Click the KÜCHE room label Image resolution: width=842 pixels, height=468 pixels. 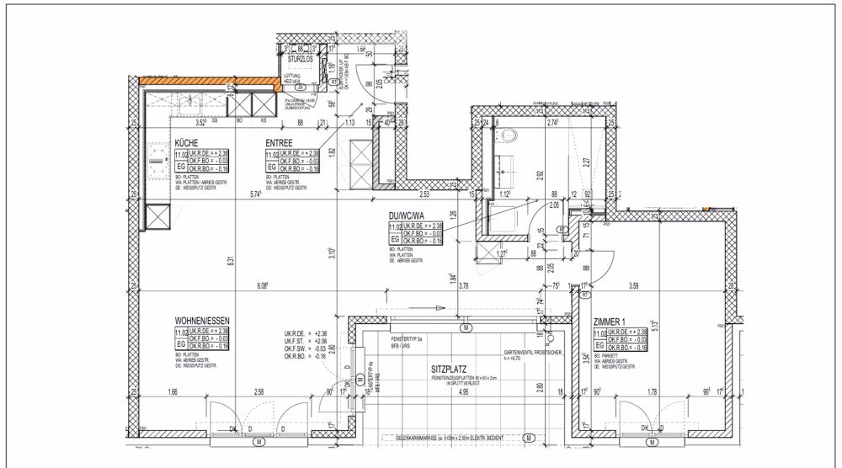coord(186,144)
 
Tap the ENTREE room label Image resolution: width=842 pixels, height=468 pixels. coord(279,144)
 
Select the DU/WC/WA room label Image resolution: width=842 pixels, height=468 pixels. coord(405,215)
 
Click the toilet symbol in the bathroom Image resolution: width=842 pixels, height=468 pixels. coord(509,135)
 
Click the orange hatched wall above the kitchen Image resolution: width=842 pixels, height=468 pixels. coord(210,82)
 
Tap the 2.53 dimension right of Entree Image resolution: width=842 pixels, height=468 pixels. coord(427,194)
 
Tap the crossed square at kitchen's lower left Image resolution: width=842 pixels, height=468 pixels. coord(158,216)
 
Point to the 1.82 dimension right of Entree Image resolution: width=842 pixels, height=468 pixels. coord(333,152)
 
